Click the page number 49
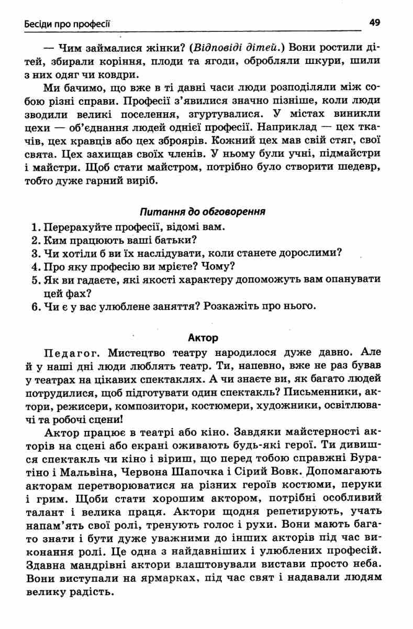pyautogui.click(x=375, y=23)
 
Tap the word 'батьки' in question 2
pyautogui.click(x=175, y=241)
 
